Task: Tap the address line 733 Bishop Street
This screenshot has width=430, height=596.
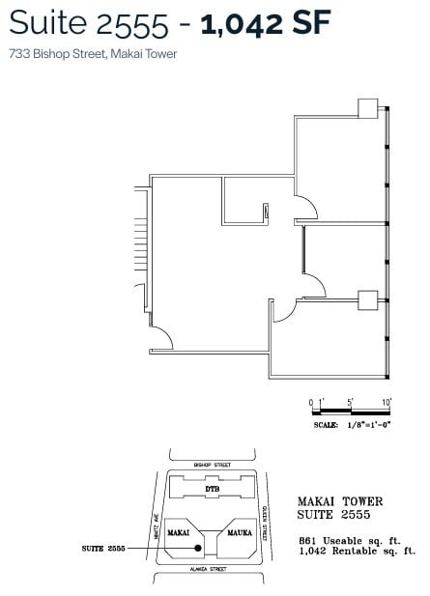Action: coord(92,54)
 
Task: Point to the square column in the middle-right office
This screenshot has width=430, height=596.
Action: coord(368,300)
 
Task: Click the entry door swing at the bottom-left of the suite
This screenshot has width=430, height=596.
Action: coord(161,339)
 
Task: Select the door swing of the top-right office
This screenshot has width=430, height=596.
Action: coord(305,206)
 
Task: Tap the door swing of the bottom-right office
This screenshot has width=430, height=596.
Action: coord(283,309)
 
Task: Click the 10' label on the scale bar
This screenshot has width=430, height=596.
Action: coord(385,401)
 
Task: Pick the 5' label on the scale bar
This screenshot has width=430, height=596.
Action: coord(351,401)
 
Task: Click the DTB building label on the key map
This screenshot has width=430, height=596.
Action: coord(212,490)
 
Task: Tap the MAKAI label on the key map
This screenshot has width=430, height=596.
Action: coord(178,532)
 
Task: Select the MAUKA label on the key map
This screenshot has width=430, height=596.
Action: coord(239,532)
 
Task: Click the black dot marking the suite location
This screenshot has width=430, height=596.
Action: coord(198,548)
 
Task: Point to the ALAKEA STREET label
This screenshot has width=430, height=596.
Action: coord(209,570)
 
